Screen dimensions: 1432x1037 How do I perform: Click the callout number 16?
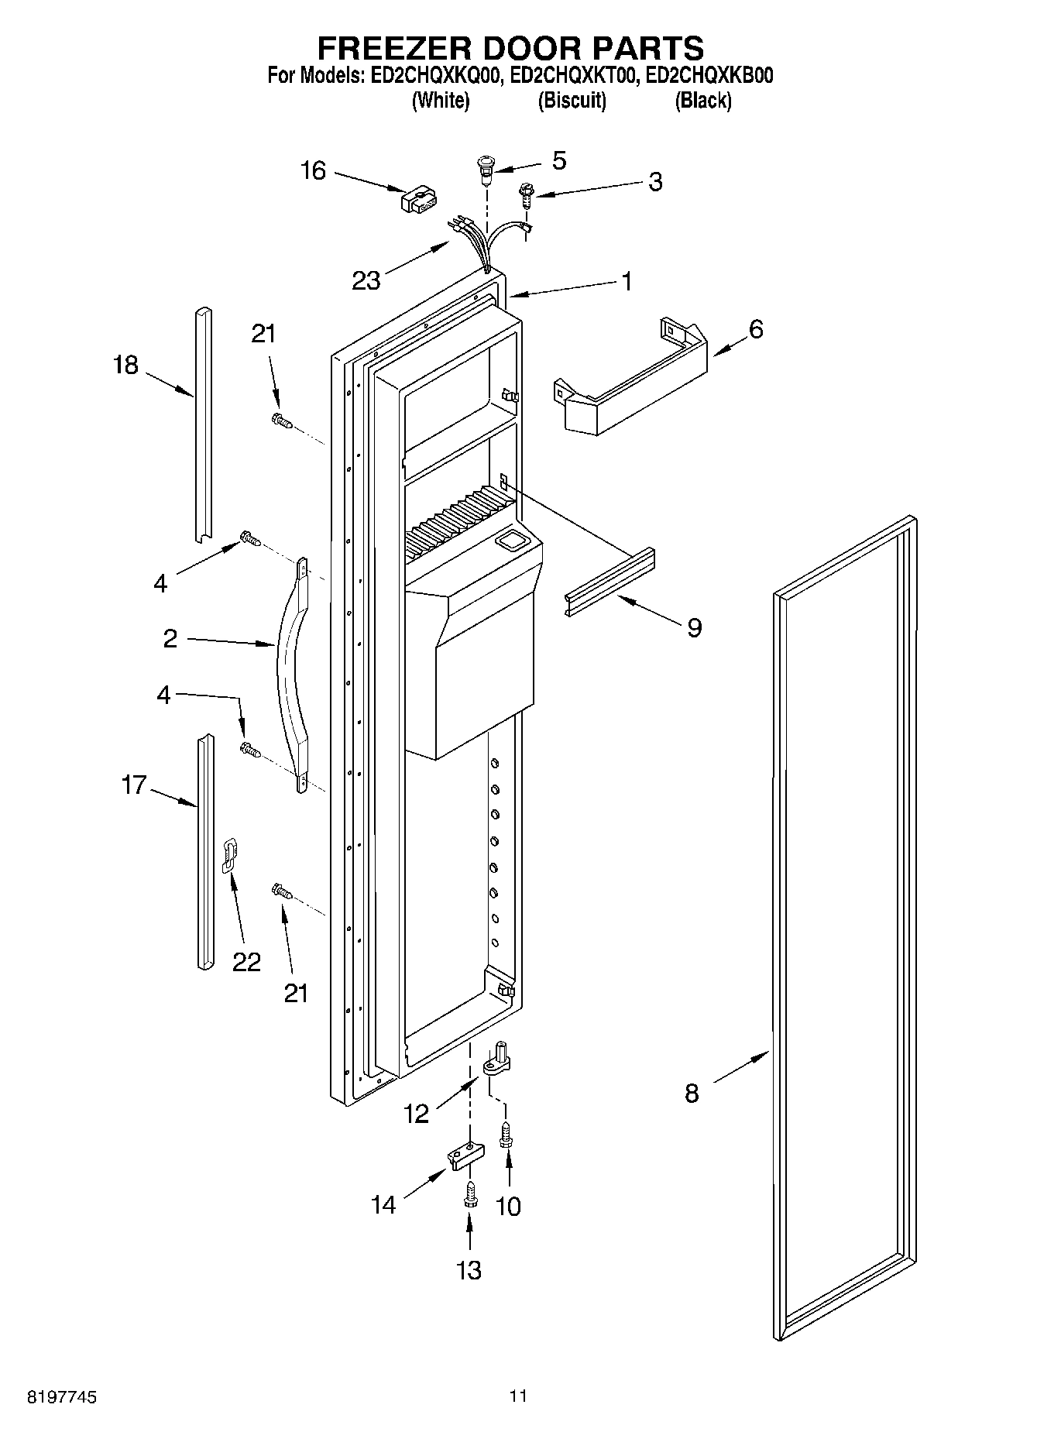(x=313, y=170)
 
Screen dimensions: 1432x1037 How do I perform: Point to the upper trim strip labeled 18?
(x=202, y=424)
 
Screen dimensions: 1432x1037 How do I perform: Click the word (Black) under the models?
(x=702, y=100)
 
